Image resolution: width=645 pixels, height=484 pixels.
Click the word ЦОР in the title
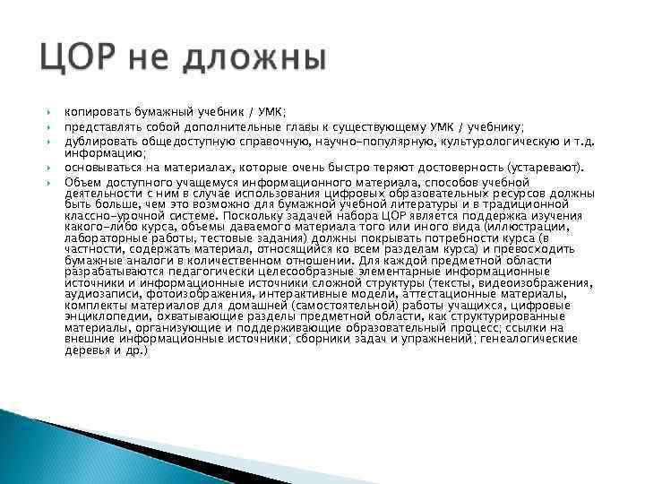(73, 61)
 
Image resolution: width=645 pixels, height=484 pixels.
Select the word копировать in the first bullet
(93, 112)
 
